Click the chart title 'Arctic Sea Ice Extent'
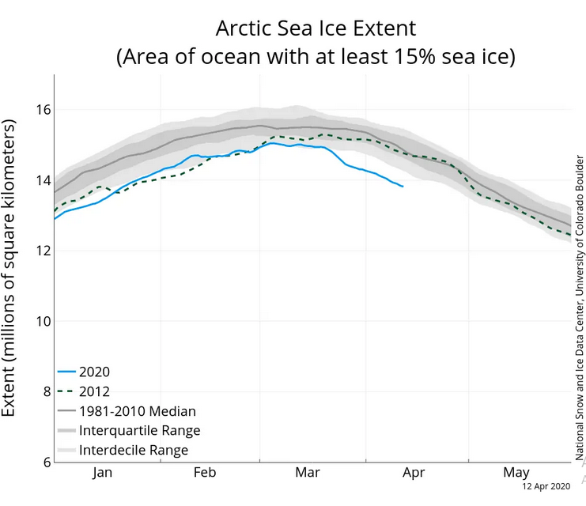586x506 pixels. click(x=316, y=28)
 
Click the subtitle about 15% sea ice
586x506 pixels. click(x=316, y=58)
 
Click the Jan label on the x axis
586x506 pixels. click(x=103, y=473)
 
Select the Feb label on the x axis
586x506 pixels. click(x=205, y=473)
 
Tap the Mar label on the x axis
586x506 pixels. click(x=307, y=473)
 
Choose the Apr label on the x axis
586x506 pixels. click(x=414, y=473)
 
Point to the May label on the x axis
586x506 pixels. click(x=516, y=473)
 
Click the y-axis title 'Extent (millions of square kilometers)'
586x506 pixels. click(x=10, y=269)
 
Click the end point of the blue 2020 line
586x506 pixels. click(x=403, y=187)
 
